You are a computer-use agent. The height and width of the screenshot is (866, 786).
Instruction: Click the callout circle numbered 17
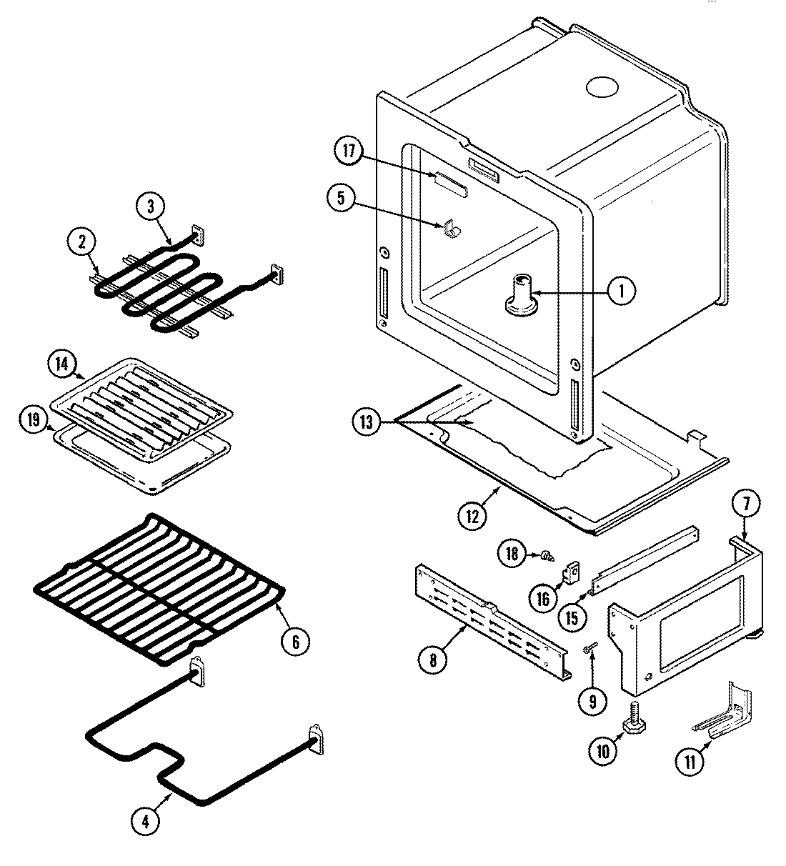347,153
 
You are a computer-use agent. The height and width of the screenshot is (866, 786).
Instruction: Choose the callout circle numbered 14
62,364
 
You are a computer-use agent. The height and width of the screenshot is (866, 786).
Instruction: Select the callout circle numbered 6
295,642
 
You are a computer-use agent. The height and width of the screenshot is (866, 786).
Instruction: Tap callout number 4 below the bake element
146,822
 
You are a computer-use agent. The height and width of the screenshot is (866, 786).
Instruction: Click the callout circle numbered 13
367,423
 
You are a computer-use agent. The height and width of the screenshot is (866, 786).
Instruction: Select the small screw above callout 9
588,648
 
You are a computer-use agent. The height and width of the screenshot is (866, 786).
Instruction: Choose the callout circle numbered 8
434,660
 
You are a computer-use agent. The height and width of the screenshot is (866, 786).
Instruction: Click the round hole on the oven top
601,87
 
